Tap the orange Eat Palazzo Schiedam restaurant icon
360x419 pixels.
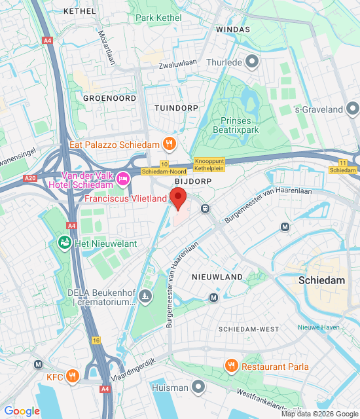[x=169, y=143]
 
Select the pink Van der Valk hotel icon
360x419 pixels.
[x=122, y=177]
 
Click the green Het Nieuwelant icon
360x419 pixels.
[x=64, y=244]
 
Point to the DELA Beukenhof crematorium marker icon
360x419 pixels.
[x=145, y=298]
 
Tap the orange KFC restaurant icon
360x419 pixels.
[x=73, y=377]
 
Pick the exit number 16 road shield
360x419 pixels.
[x=96, y=340]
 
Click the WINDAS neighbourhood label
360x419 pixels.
[x=233, y=30]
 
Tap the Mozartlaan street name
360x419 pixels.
[x=105, y=48]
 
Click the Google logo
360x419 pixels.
[x=22, y=411]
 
